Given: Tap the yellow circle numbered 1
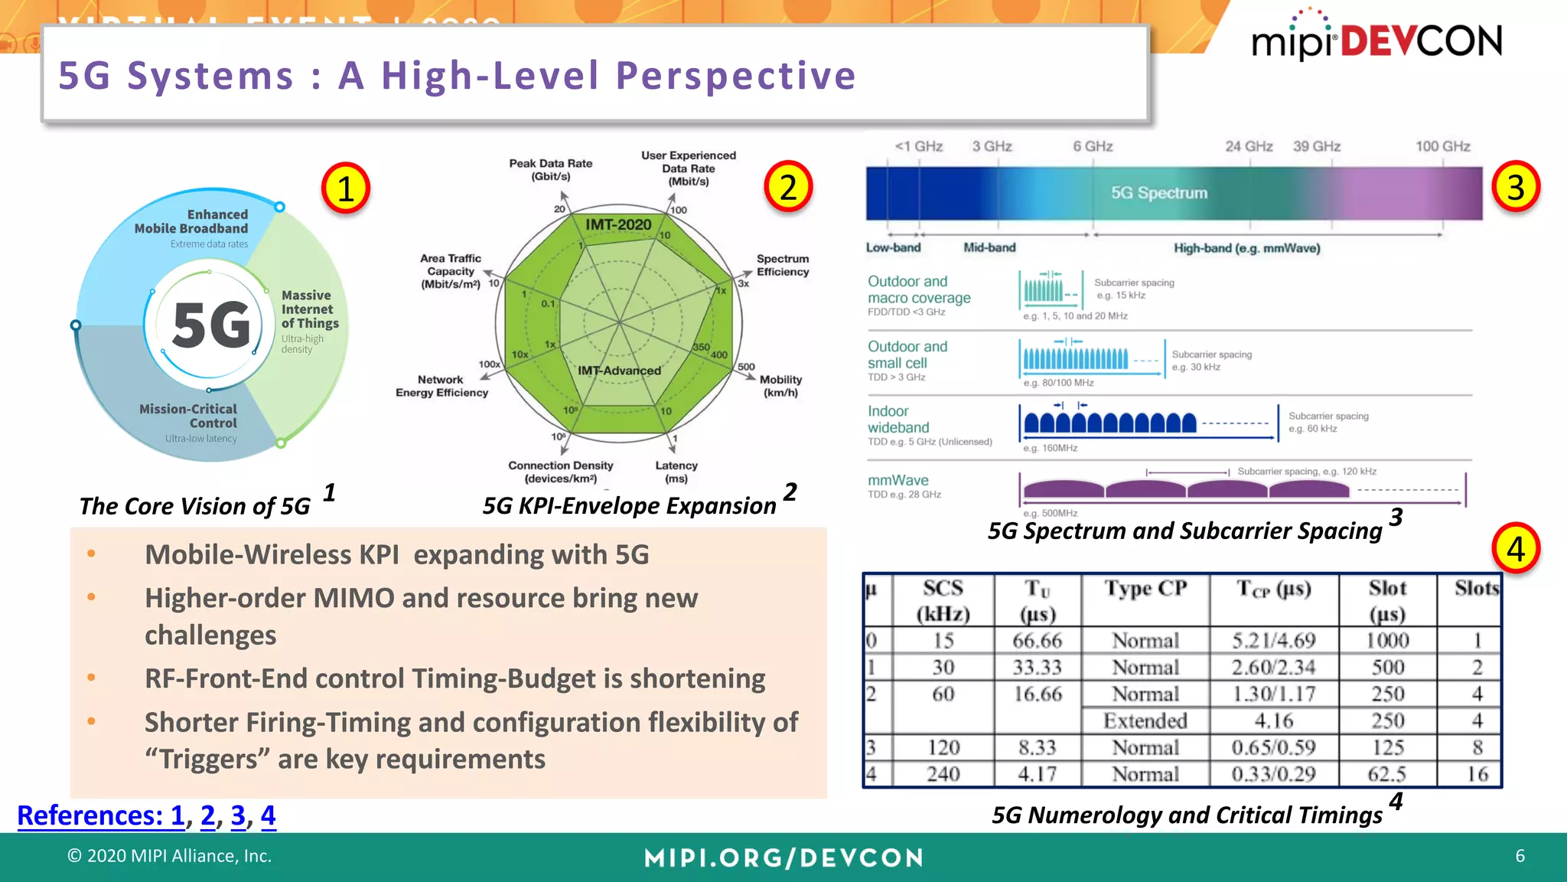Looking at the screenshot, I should click(x=345, y=188).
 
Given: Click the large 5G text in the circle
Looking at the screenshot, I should click(x=212, y=325).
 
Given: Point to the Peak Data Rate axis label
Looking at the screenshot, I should click(x=551, y=170).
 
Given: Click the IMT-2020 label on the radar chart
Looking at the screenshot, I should click(x=618, y=224).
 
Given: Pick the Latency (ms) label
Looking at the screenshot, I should click(x=676, y=472).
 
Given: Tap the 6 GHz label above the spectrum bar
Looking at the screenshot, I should click(x=1093, y=146).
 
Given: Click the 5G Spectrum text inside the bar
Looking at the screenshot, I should click(x=1158, y=193).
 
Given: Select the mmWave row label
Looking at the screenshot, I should click(x=898, y=480).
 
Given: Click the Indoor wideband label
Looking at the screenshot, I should click(x=898, y=420).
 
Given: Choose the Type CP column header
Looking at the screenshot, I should click(x=1145, y=589).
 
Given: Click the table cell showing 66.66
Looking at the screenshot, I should click(x=1037, y=640).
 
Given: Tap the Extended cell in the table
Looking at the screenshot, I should click(x=1145, y=720).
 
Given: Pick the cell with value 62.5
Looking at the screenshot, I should click(x=1387, y=774).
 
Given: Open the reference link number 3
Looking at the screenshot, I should click(x=238, y=815).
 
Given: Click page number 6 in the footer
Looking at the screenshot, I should click(x=1520, y=856).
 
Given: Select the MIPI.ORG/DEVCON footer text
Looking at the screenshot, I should click(x=783, y=857).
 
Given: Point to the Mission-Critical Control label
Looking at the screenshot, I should click(x=188, y=416).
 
